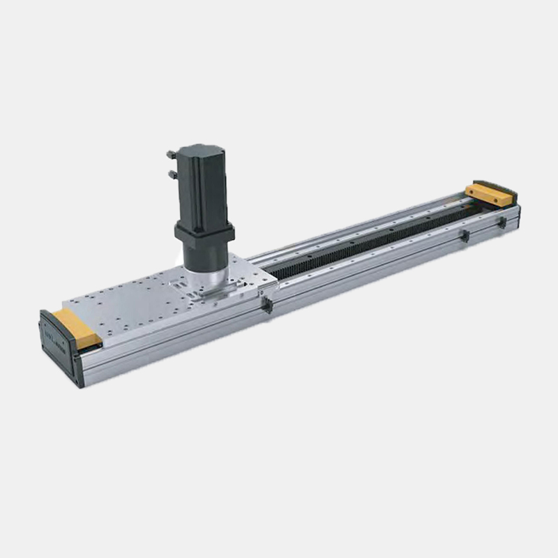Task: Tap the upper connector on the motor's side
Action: click(x=171, y=153)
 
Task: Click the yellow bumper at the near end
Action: click(x=77, y=328)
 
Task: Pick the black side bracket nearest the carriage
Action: click(x=266, y=306)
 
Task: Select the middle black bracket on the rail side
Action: click(x=464, y=236)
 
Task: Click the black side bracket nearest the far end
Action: click(x=501, y=223)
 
